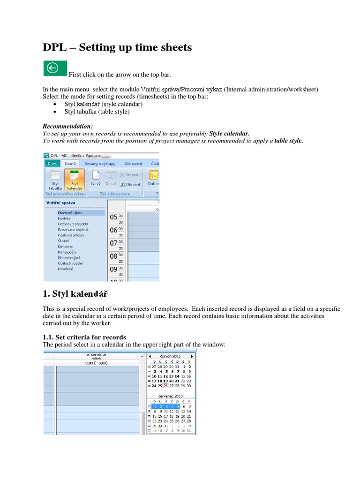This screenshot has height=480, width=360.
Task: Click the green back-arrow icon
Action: (x=55, y=68)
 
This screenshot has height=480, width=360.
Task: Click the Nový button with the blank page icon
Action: (x=96, y=178)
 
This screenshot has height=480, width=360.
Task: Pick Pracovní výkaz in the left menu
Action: (x=69, y=213)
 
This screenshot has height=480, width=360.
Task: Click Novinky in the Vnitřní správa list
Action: (x=65, y=218)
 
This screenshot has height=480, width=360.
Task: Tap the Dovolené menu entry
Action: (x=65, y=269)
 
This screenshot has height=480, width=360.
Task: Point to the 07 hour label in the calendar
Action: (x=113, y=243)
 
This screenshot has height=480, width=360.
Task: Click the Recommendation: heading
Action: (x=67, y=127)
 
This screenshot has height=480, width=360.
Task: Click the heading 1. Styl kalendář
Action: (x=75, y=294)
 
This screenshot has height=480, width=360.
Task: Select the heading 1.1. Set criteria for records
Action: (x=84, y=337)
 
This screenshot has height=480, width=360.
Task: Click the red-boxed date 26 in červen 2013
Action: (x=165, y=386)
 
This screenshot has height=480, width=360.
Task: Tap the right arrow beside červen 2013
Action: (x=191, y=356)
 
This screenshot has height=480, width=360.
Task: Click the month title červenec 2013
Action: (x=169, y=396)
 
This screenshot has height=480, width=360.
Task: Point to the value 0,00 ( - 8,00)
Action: (x=97, y=362)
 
